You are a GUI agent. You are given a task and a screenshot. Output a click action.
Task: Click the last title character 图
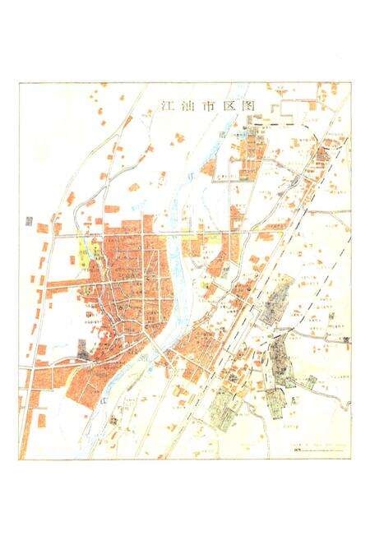[x=234, y=106]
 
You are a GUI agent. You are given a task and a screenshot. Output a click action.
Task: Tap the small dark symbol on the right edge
[x=342, y=327]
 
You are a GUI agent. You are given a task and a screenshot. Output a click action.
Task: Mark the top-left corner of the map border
[x=20, y=83]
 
